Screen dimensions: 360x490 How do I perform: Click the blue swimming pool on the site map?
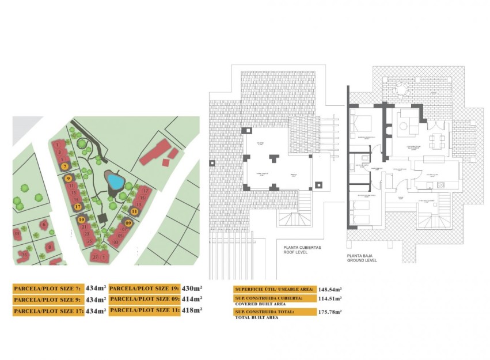115,182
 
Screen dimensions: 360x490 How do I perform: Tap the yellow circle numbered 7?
66,166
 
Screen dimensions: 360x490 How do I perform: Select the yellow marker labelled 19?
82,219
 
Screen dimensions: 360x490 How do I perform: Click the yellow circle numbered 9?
69,179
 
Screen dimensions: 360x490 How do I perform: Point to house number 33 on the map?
25,254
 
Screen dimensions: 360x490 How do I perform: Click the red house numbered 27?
94,257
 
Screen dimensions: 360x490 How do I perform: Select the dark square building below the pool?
103,219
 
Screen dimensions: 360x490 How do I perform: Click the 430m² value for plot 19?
192,288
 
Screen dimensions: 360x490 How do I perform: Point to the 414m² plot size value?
192,299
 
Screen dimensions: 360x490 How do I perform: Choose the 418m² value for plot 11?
192,310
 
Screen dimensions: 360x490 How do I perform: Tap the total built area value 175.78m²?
330,312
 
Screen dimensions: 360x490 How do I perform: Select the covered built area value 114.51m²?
330,298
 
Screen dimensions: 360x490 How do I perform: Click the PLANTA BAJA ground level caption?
362,257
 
